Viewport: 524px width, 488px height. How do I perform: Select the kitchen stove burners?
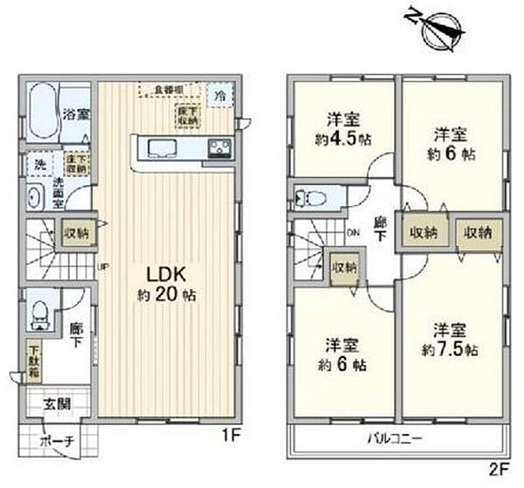click(x=219, y=149)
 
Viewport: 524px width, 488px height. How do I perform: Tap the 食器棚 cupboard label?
click(x=169, y=89)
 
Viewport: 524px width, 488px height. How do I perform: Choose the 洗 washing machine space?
click(x=41, y=163)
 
